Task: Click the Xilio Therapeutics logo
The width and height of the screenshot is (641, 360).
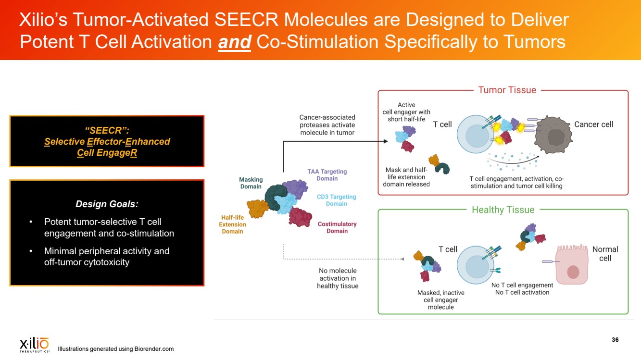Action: point(34,345)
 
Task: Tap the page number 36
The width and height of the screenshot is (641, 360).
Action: point(615,340)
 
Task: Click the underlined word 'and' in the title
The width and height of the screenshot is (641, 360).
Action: point(234,42)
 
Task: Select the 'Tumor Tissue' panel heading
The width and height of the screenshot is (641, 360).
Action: point(507,90)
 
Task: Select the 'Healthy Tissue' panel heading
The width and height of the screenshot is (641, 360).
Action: point(503,210)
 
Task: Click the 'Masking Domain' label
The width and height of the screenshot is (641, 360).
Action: point(251,183)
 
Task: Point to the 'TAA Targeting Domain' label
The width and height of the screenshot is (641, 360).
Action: point(327,175)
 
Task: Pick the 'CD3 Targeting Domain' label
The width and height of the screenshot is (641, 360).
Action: point(336,200)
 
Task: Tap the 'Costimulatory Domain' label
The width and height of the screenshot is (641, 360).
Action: point(337,227)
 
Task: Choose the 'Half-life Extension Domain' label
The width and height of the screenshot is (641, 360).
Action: point(232,224)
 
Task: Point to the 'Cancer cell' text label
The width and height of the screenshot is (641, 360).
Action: point(594,124)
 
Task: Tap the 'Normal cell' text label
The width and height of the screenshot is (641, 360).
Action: point(605,254)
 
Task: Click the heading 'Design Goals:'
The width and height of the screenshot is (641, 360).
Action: point(107,204)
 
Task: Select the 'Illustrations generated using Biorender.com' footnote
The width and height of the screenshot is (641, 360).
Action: point(115,349)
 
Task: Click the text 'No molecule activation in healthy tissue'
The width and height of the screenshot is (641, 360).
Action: point(338,278)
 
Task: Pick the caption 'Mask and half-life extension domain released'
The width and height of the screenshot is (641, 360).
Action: point(407,177)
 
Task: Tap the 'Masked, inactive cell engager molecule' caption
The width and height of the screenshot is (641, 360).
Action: point(440,299)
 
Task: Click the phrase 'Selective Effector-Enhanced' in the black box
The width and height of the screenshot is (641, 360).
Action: point(107,141)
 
